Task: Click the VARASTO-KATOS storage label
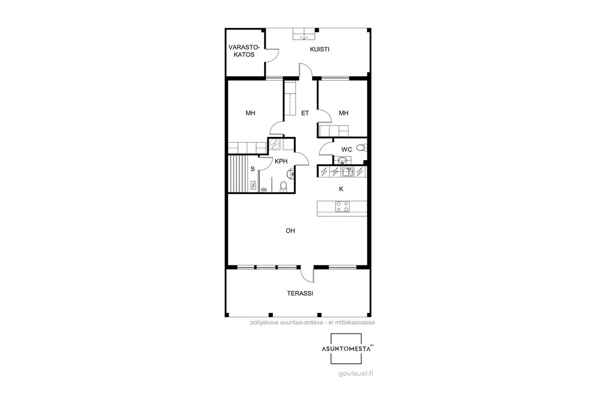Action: click(x=244, y=51)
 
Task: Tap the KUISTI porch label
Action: click(x=319, y=49)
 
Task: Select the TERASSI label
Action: click(x=300, y=294)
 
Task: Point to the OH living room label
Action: click(x=290, y=230)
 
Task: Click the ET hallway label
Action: click(x=305, y=113)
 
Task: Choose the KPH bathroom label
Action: click(x=281, y=161)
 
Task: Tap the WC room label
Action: click(x=346, y=150)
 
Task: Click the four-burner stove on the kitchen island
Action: click(x=343, y=206)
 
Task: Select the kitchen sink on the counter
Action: click(x=347, y=172)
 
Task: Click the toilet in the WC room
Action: click(x=361, y=148)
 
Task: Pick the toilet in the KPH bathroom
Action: click(x=283, y=186)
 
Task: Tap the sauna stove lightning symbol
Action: click(x=253, y=185)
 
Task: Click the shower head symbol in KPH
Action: click(x=264, y=190)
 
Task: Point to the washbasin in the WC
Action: click(x=342, y=161)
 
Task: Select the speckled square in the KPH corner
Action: click(x=275, y=145)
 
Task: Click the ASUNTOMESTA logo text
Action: click(x=345, y=349)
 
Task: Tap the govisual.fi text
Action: click(x=355, y=374)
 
